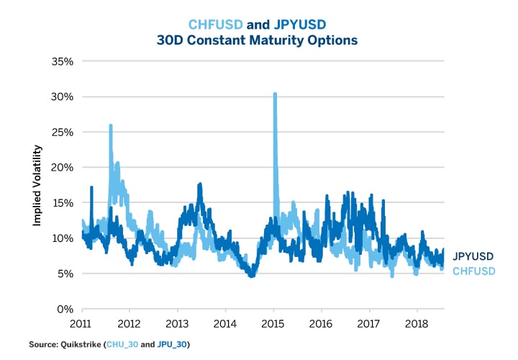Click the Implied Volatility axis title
pos(37,185)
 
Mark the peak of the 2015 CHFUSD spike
pos(275,94)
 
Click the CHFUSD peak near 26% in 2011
pos(111,126)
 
